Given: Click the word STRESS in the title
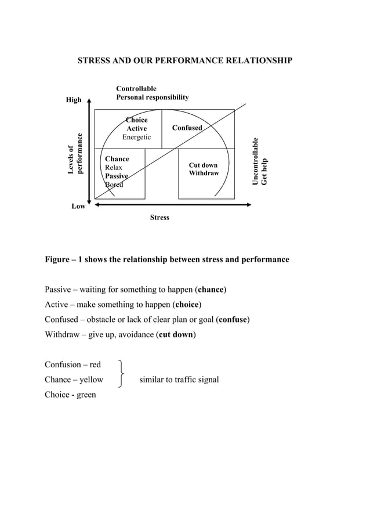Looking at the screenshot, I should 95,60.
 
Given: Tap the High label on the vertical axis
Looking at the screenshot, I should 74,100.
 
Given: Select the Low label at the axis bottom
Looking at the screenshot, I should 78,207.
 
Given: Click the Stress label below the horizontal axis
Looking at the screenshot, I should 159,218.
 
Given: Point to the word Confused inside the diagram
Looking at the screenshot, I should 187,128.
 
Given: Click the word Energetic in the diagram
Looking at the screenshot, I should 136,137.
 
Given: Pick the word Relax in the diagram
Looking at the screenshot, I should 114,168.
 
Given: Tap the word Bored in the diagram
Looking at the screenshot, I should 114,185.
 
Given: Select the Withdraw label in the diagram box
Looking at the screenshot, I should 204,174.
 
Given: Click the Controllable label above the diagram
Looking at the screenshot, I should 136,89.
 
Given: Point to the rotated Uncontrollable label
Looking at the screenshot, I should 256,161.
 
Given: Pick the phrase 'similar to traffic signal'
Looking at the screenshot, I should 179,380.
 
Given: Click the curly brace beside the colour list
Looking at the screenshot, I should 120,373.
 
